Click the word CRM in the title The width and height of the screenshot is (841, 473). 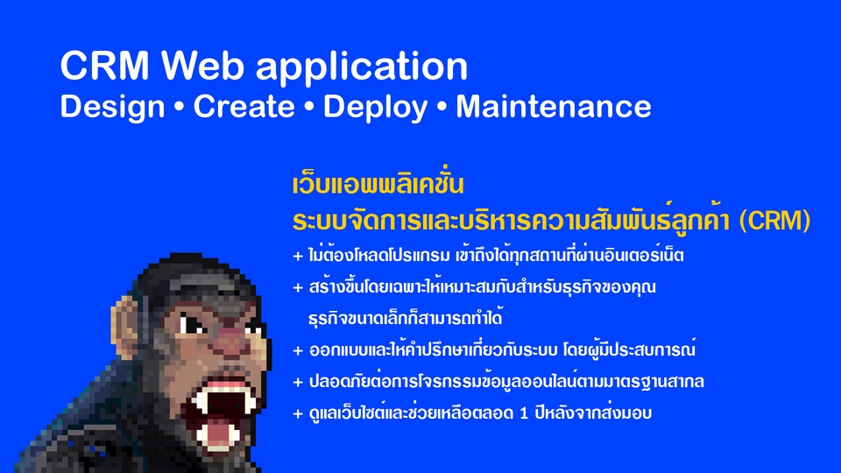click(x=105, y=67)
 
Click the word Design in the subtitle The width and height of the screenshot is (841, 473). click(x=112, y=107)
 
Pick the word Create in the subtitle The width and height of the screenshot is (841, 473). click(x=244, y=107)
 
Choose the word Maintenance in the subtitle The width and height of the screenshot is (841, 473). click(x=553, y=107)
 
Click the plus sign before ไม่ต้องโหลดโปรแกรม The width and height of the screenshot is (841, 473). click(x=298, y=258)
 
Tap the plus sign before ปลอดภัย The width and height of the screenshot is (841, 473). click(x=298, y=382)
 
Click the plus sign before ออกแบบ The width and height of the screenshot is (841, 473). click(x=298, y=350)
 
